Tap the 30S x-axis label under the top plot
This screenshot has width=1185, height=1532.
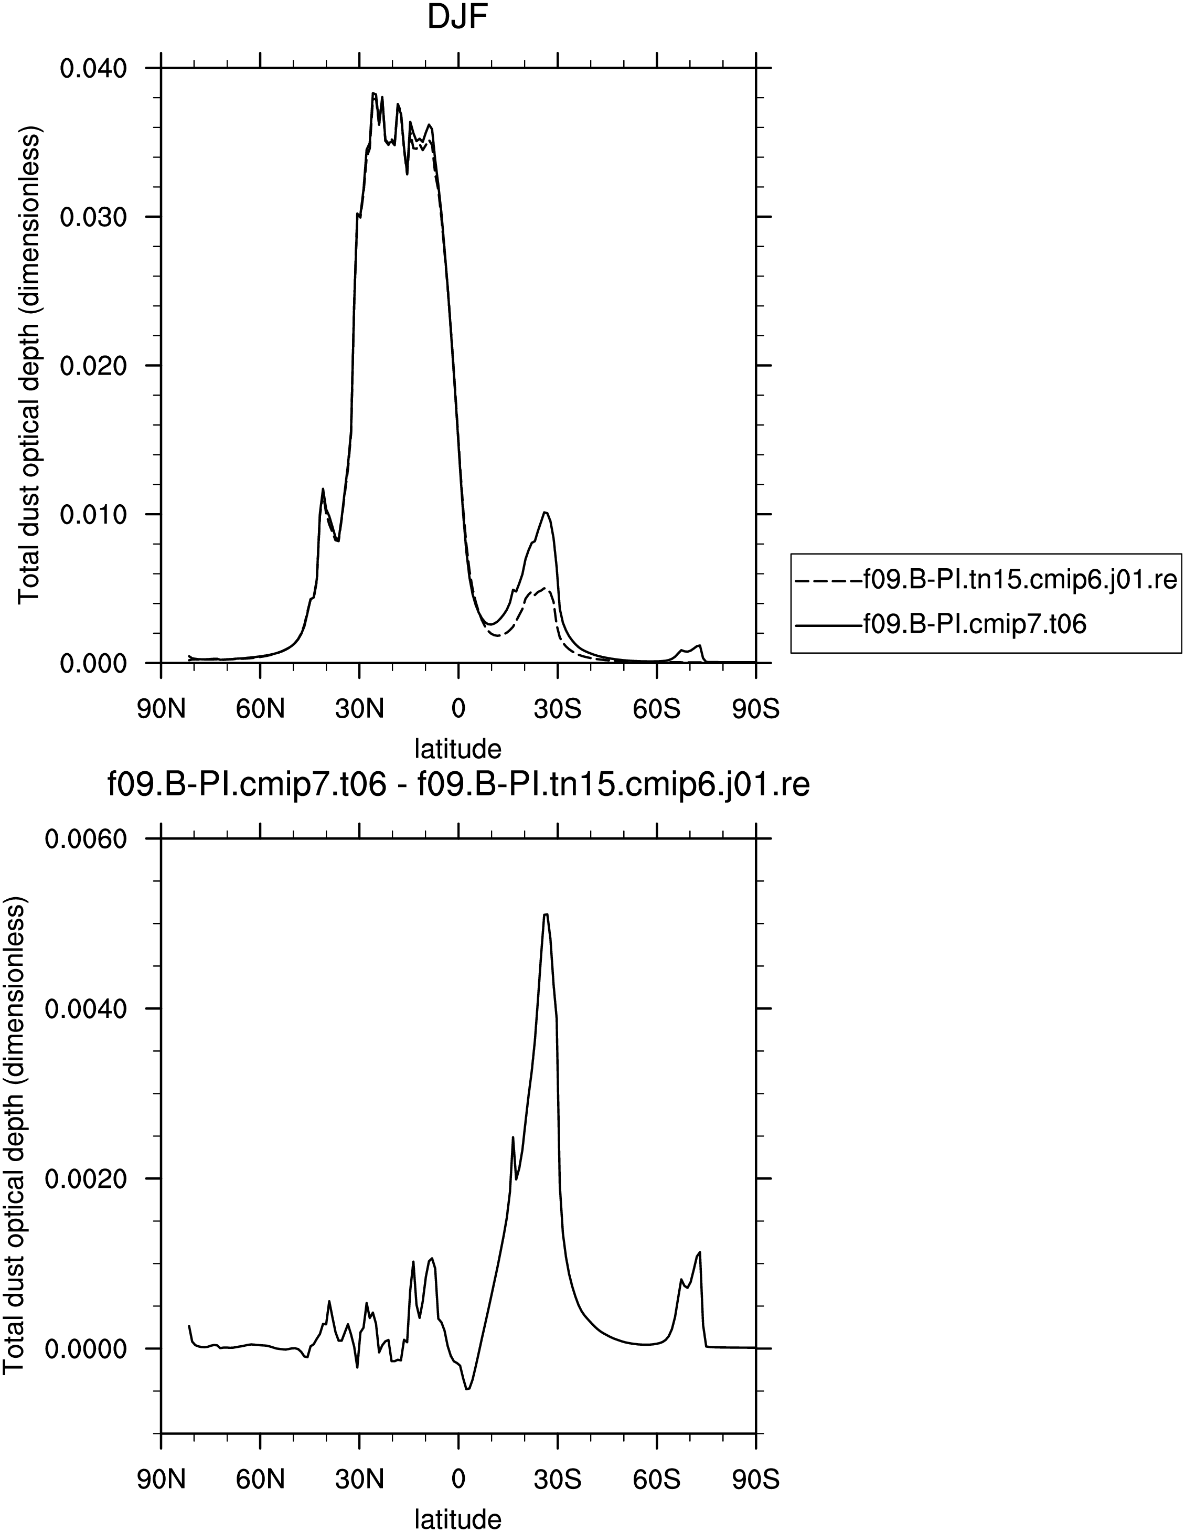point(558,709)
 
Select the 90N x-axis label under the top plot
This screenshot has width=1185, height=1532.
point(161,709)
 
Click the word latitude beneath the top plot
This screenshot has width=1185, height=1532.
point(458,749)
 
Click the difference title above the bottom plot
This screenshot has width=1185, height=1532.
point(458,785)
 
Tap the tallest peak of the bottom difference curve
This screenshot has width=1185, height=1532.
point(546,914)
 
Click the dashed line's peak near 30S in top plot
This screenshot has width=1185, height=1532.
point(544,588)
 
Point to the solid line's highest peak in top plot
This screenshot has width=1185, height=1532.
point(373,92)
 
